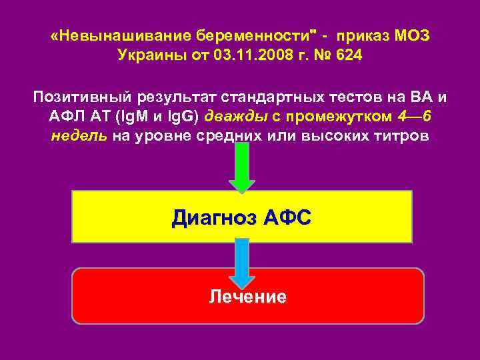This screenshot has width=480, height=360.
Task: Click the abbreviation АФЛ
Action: (x=65, y=117)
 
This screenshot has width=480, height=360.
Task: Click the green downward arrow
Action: (x=241, y=167)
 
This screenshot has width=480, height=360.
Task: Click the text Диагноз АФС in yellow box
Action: (x=241, y=217)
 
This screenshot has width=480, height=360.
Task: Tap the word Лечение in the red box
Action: (x=247, y=297)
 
